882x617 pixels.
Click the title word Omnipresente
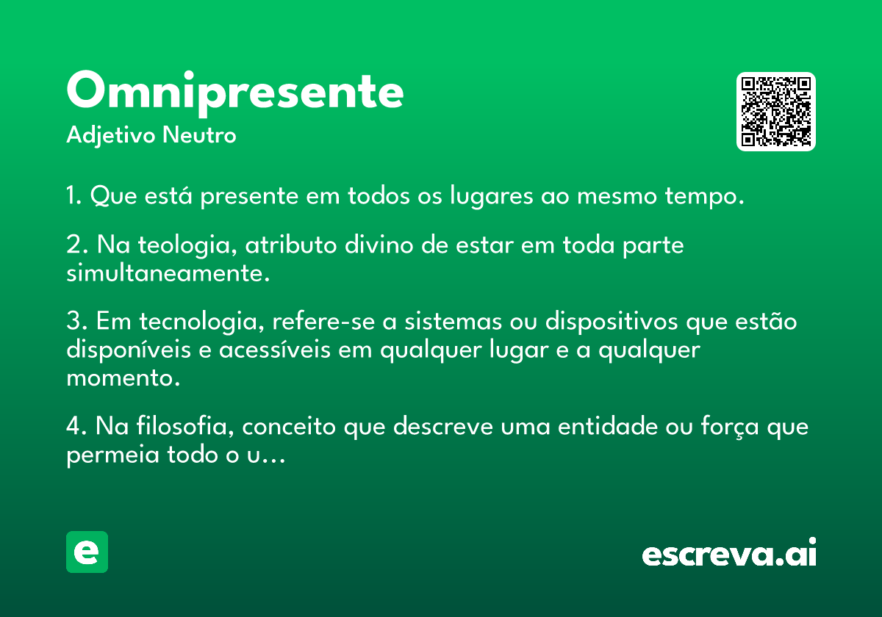235,93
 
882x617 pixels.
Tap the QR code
775,112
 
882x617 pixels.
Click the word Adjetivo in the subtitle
111,136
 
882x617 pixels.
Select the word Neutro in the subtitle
199,135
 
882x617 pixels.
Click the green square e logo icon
87,552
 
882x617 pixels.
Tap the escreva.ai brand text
729,552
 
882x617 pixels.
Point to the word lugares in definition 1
492,196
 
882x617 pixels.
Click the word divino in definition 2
379,245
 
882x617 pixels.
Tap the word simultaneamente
168,273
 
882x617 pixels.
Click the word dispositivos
612,322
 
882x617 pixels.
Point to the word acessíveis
274,350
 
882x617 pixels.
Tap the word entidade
608,427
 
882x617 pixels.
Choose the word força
730,427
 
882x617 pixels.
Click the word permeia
112,455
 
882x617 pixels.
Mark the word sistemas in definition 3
453,322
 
